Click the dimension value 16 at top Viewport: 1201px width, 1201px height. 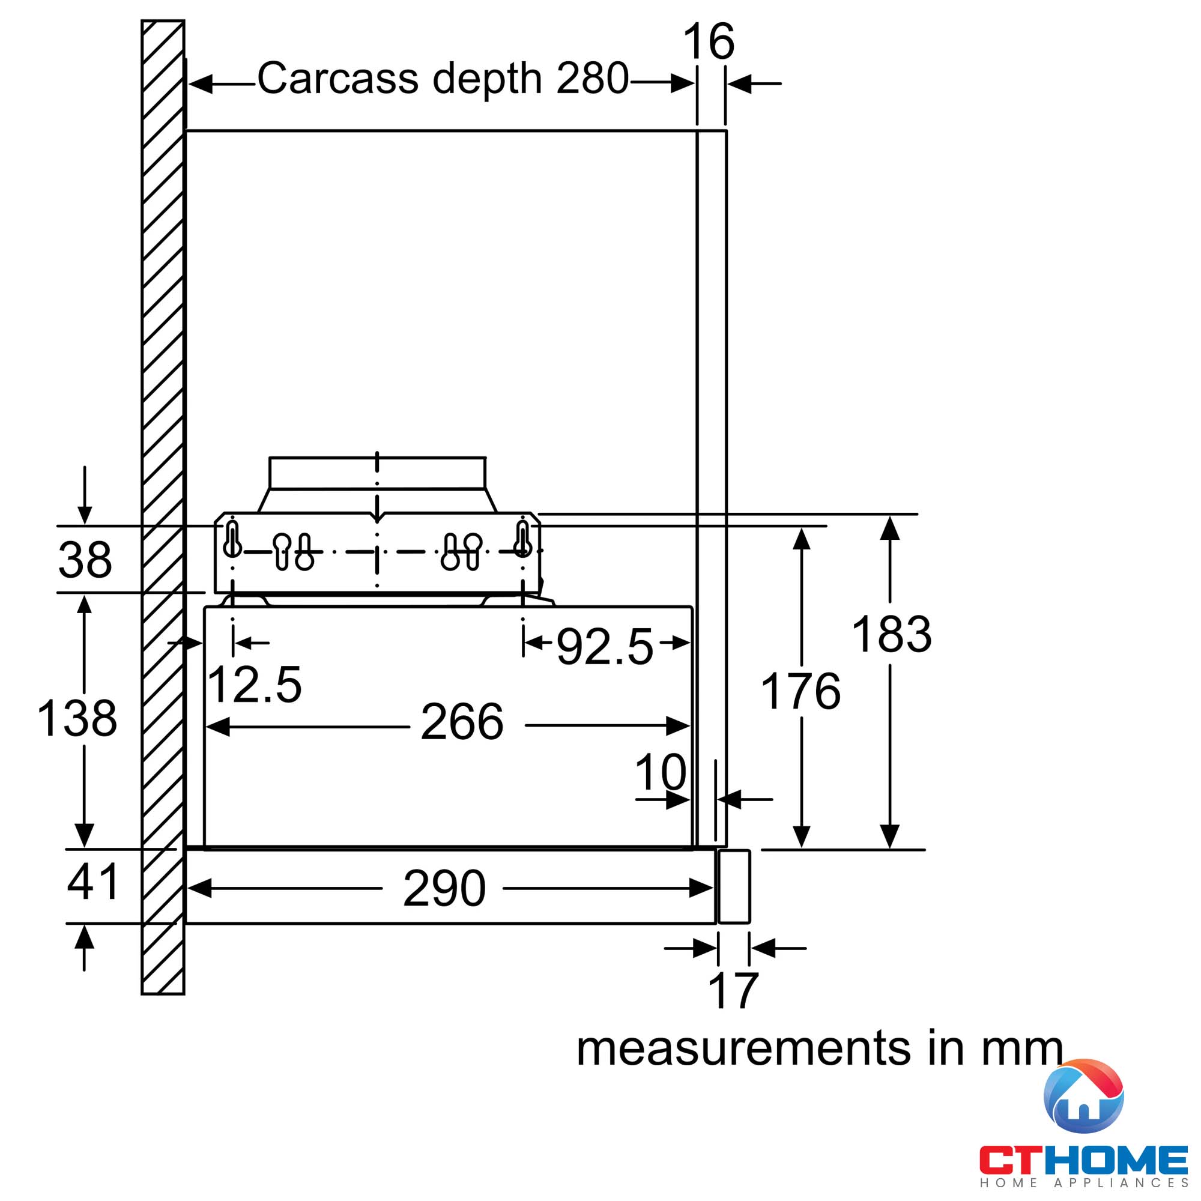click(709, 41)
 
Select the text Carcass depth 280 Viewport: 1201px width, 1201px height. click(443, 79)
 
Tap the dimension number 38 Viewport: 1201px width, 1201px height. click(85, 560)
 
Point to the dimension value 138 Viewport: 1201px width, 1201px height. click(77, 718)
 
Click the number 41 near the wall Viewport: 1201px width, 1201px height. click(92, 882)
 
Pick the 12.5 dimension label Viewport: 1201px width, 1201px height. click(254, 685)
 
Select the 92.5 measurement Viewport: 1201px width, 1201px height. click(604, 647)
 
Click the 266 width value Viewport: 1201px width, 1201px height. click(462, 722)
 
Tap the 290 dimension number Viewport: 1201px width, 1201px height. click(444, 888)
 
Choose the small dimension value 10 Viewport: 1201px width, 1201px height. click(660, 772)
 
